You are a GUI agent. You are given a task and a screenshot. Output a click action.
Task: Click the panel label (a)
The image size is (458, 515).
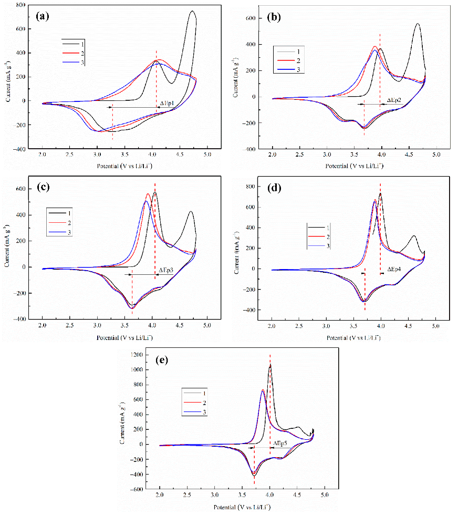(x=43, y=16)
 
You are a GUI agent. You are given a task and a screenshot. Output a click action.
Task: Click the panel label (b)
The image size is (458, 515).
(x=274, y=17)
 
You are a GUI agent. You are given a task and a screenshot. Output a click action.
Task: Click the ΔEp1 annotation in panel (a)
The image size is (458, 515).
(x=167, y=102)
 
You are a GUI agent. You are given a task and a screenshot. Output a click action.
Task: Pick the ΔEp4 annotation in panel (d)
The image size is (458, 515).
(x=394, y=269)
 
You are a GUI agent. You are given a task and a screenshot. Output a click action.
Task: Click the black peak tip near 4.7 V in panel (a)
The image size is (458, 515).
(x=192, y=12)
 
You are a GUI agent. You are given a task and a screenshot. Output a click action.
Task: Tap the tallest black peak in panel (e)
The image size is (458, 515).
(x=270, y=366)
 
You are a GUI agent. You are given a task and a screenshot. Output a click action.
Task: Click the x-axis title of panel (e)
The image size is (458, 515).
(x=242, y=508)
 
